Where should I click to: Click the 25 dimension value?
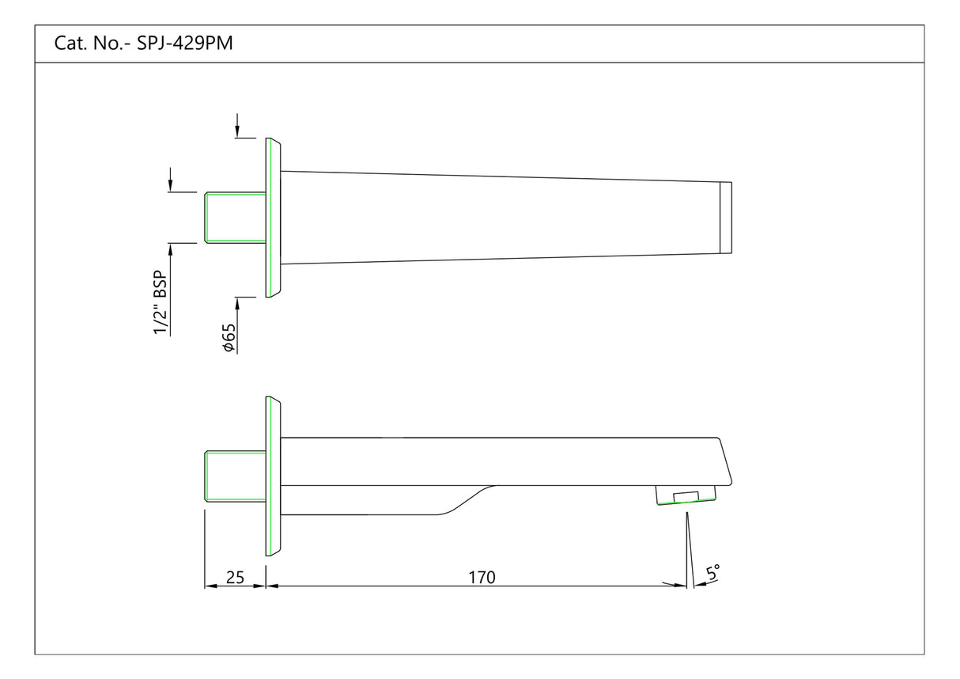[x=235, y=578]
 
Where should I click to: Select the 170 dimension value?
[x=481, y=578]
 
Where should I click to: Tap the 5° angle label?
[x=712, y=573]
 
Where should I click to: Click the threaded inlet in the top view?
[x=236, y=217]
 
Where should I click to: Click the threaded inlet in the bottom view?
[x=236, y=476]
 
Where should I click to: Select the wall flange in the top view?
[x=273, y=218]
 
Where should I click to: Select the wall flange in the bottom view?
[x=273, y=476]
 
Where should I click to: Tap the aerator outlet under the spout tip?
[x=686, y=495]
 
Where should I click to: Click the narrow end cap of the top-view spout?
[x=725, y=218]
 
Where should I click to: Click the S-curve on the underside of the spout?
[x=467, y=500]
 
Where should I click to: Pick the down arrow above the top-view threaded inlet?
[x=170, y=182]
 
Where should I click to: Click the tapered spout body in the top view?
[x=498, y=218]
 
